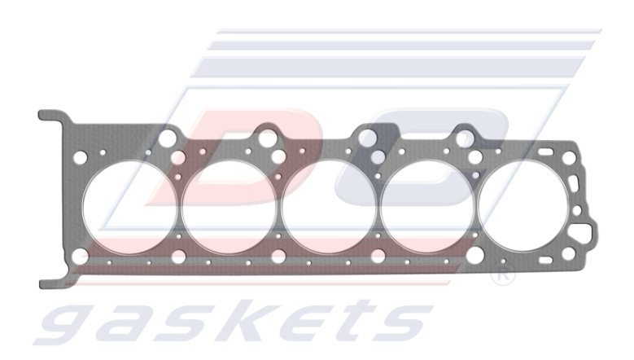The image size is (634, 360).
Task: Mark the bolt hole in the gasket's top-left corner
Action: [80, 157]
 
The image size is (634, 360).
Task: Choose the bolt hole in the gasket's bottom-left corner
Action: [80, 258]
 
